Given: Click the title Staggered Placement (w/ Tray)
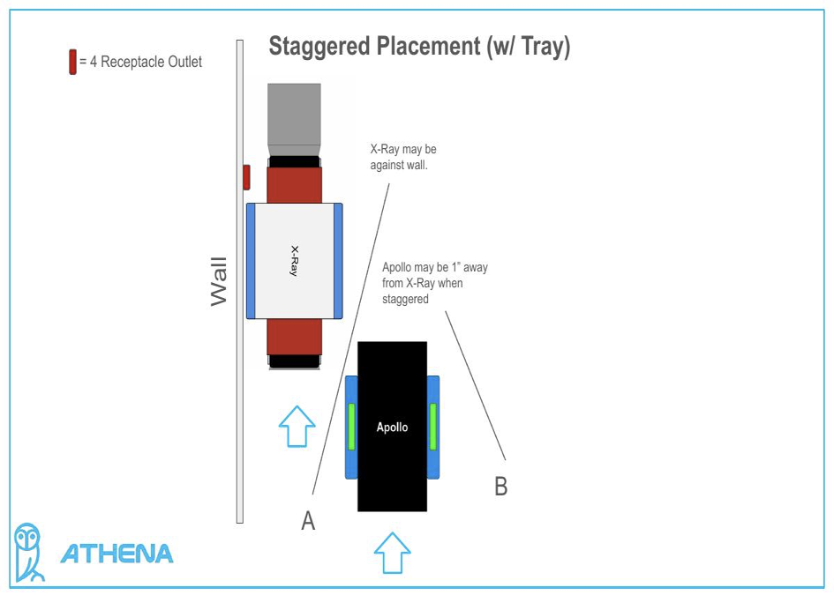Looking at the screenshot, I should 419,47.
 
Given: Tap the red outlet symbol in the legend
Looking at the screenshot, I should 72,63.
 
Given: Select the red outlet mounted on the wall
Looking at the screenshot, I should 247,176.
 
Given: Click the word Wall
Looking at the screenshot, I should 219,281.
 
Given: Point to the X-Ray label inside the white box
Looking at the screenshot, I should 294,261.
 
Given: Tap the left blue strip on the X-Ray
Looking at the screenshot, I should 251,261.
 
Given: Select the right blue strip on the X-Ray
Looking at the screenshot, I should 338,261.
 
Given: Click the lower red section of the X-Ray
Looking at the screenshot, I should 294,338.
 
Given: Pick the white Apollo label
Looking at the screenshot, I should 392,428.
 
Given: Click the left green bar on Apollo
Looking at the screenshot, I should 351,427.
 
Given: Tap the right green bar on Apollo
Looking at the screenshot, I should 432,427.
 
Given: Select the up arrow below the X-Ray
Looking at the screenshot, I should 297,427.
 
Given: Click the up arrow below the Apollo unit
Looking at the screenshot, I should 392,553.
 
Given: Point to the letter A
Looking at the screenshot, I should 308,522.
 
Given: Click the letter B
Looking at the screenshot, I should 500,487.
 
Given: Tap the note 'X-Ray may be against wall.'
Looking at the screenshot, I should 403,157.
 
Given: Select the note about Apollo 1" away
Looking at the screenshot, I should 435,283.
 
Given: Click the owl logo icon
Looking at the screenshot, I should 29,552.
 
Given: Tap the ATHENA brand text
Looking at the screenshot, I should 116,554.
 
